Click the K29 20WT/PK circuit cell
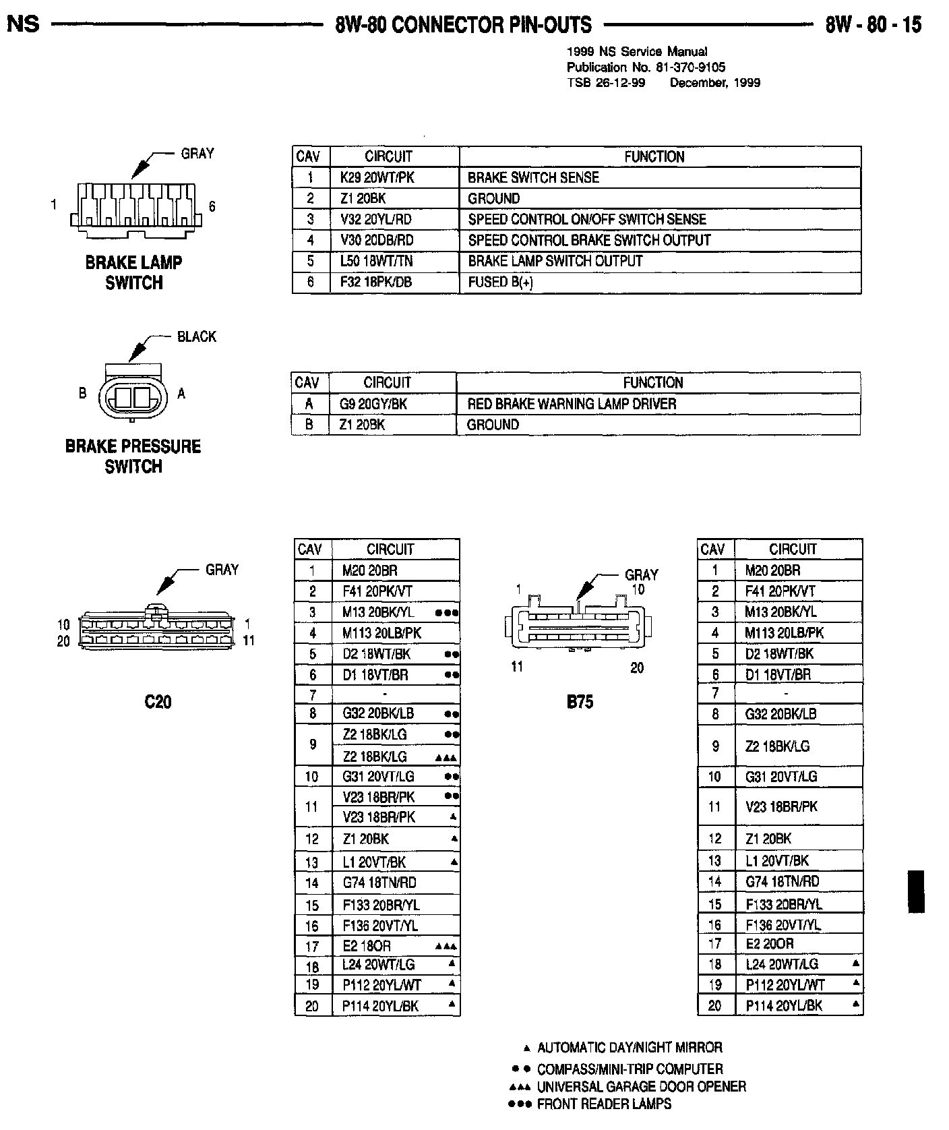(377, 177)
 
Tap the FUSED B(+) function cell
(500, 282)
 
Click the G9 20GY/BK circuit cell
(373, 404)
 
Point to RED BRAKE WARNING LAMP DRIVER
(572, 404)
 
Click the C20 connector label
(158, 702)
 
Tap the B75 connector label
(580, 702)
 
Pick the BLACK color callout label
(197, 336)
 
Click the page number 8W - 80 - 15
(873, 26)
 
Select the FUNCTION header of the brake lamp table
(654, 156)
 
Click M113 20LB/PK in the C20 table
(381, 633)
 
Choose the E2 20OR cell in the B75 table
(769, 943)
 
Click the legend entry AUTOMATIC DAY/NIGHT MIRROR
(629, 1047)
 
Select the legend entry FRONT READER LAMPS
(603, 1104)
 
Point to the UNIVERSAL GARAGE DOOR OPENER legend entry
(641, 1086)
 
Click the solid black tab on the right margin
(916, 891)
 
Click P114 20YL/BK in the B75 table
(784, 1005)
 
